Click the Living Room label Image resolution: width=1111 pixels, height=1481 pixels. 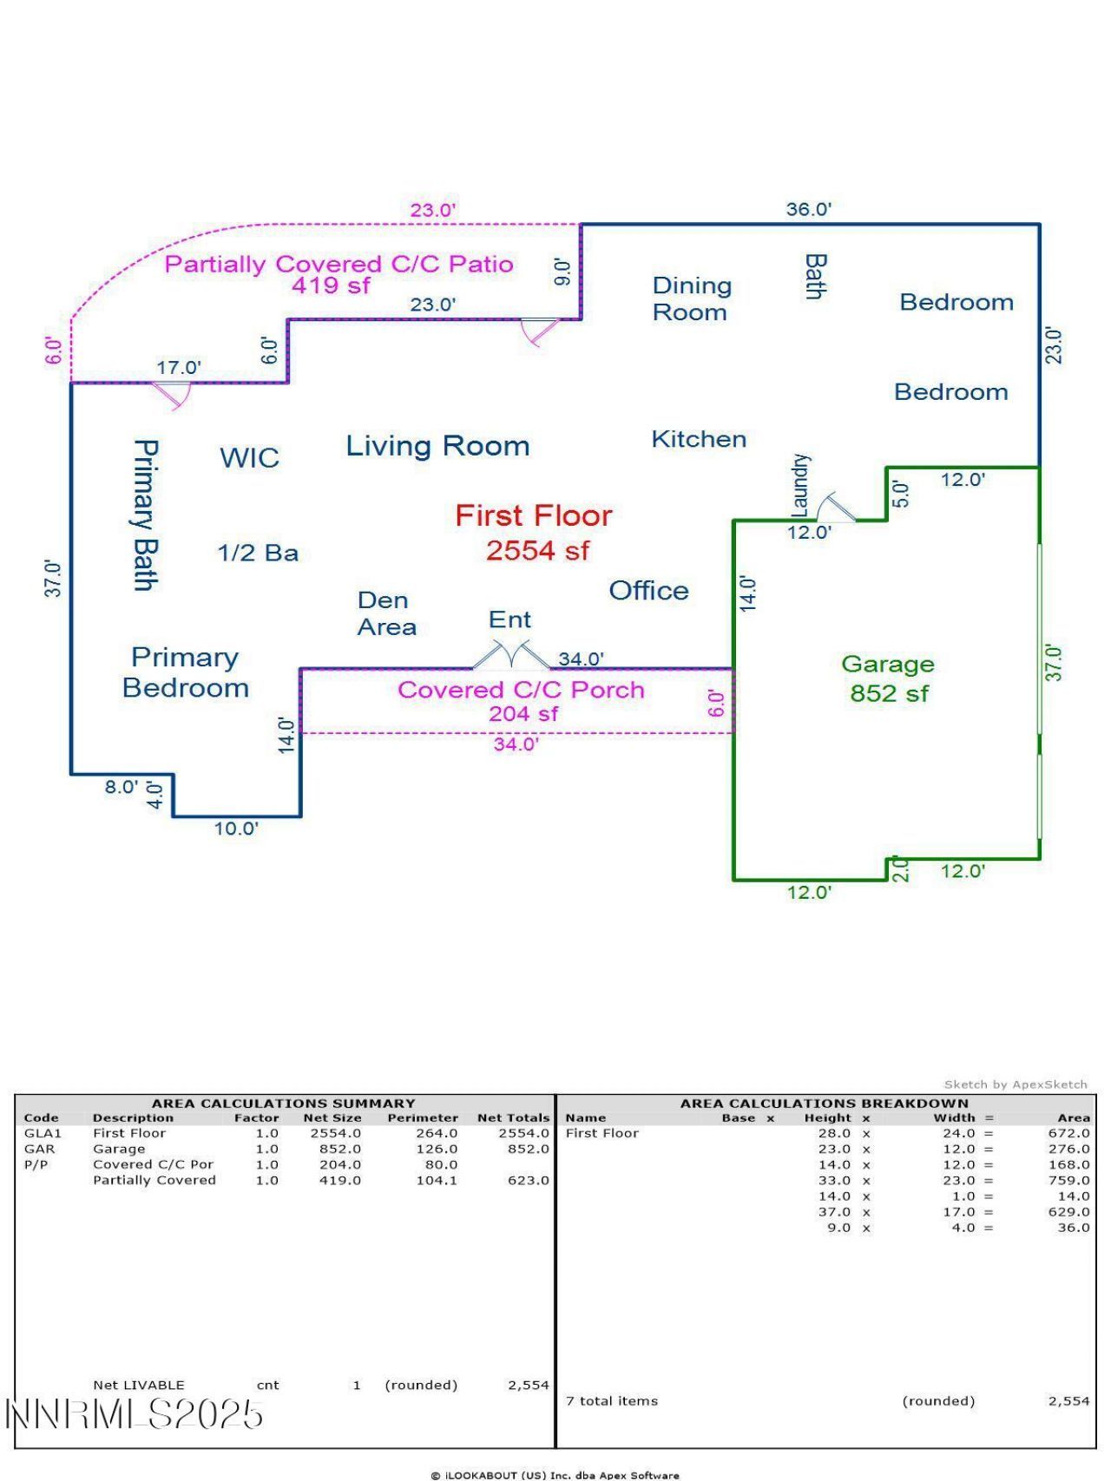437,446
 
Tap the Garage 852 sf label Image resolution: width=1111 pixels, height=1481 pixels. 888,678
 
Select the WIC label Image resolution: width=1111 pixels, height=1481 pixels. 249,458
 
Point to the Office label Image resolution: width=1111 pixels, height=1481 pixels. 648,591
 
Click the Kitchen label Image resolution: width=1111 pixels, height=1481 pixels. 699,439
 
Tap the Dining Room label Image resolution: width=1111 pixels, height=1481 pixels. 692,298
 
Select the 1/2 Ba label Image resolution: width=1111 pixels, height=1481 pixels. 258,553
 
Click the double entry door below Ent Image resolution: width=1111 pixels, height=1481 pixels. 511,655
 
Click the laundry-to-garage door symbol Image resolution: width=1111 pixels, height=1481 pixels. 836,507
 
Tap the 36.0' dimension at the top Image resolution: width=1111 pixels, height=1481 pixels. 808,209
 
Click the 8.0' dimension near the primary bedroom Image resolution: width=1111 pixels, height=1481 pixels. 121,787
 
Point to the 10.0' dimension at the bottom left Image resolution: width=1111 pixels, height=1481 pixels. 236,829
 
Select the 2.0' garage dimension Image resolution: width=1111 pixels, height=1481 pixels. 901,869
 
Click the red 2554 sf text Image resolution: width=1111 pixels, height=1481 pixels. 537,551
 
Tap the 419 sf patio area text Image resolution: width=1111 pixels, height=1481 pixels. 330,285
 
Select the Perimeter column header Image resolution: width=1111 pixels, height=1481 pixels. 423,1117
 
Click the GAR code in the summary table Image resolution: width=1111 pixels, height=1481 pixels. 40,1149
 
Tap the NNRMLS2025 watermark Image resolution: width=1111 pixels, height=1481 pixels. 135,1414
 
